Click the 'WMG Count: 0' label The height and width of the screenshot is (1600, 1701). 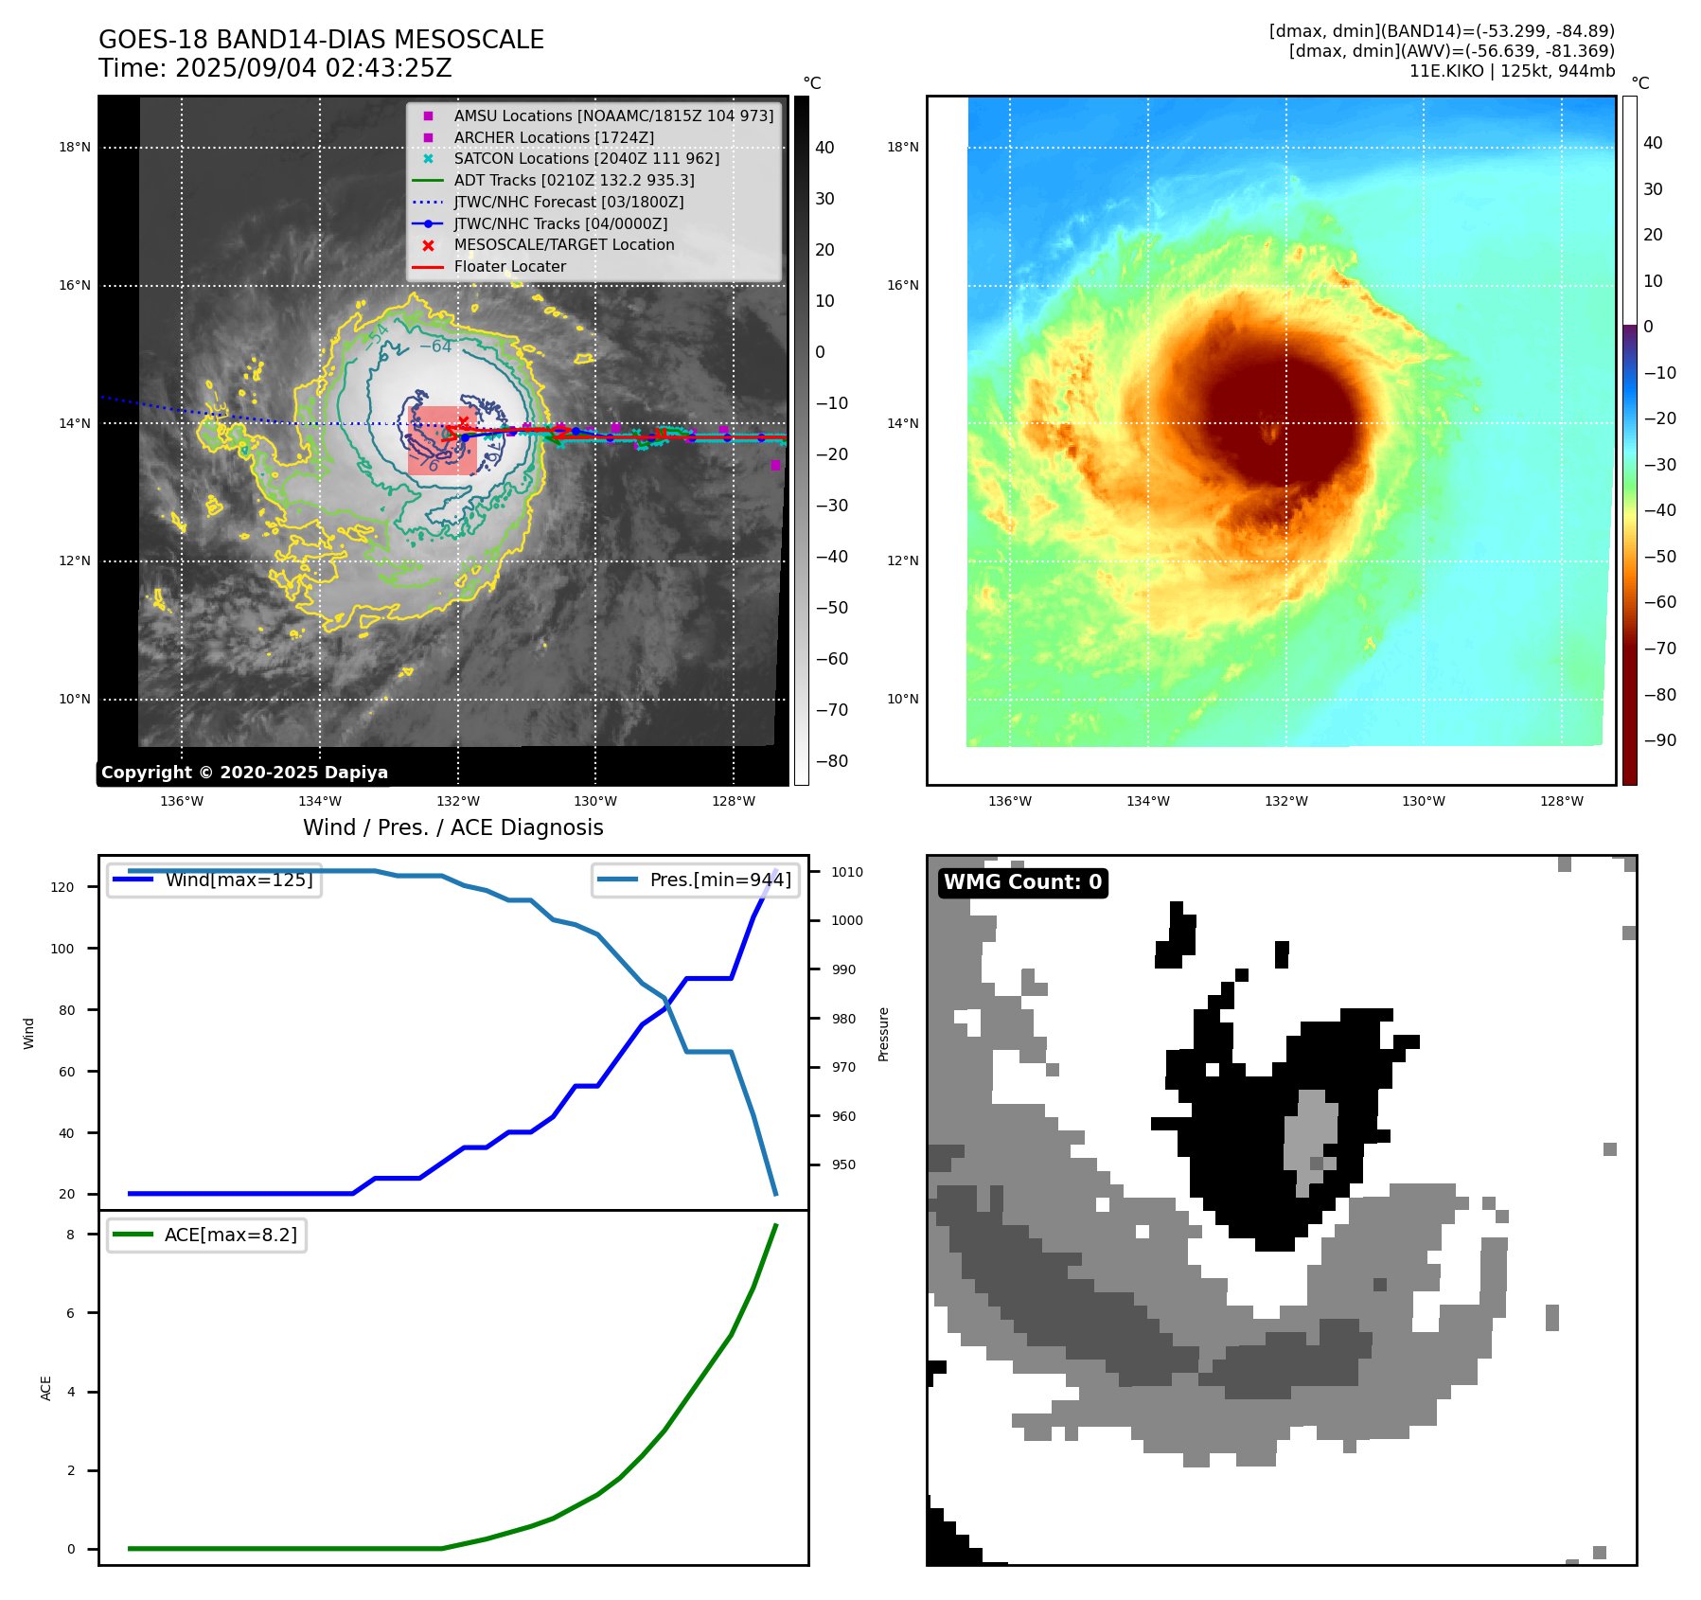coord(1022,882)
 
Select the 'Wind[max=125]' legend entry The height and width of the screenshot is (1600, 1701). coord(239,880)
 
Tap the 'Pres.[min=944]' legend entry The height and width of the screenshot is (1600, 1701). coord(719,880)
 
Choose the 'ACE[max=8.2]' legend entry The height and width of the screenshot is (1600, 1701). coord(230,1235)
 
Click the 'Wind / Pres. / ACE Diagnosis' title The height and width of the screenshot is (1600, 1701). coord(452,827)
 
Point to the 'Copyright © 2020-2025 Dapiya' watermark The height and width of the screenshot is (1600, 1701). coord(244,773)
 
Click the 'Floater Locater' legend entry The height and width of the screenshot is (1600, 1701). coord(509,267)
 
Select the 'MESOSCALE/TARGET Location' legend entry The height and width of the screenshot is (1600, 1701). coord(563,245)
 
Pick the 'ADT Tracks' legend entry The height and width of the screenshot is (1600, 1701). coord(574,180)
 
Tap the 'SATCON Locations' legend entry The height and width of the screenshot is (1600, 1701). coord(586,158)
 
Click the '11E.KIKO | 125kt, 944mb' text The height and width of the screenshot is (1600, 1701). coord(1512,71)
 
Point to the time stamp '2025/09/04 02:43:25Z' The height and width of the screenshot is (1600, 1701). coord(313,69)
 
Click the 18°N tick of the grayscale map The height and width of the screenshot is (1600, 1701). coord(75,147)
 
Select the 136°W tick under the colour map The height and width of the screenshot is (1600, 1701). coord(1009,801)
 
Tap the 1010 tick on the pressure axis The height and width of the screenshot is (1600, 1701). coord(847,872)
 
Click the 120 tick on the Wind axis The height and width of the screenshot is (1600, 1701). coord(62,887)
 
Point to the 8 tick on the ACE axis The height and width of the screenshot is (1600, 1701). coord(71,1235)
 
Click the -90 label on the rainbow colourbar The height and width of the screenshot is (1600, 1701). coord(1659,740)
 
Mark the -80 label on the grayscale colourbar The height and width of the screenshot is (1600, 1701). coord(832,761)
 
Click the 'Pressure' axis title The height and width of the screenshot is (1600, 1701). coord(884,1034)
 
